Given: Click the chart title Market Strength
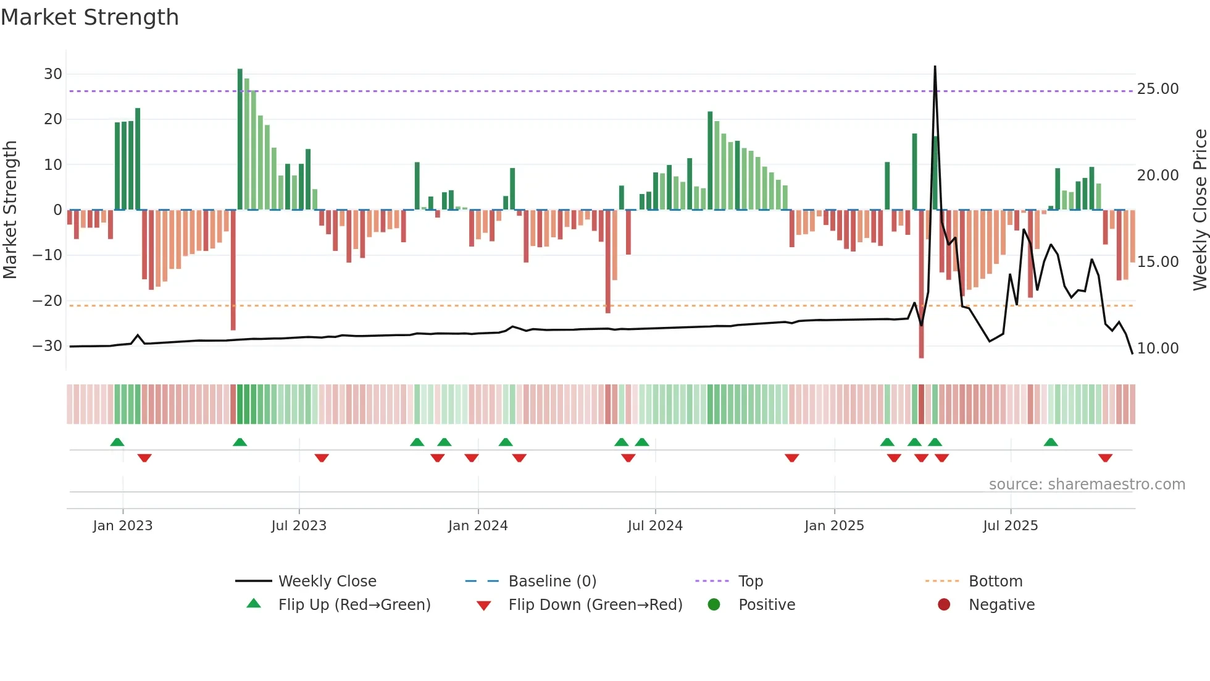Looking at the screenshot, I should pos(90,17).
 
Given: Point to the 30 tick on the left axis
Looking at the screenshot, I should pos(53,74).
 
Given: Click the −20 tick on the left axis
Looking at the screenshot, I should pos(48,301).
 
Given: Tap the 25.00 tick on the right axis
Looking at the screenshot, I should pos(1158,89).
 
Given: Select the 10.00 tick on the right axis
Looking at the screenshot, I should pos(1158,349).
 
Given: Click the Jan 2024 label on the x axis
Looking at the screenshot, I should pos(478,526).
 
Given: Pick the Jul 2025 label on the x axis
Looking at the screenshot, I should pos(1010,526).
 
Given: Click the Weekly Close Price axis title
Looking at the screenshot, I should pos(1200,210).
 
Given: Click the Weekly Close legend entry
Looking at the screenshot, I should pos(327,582).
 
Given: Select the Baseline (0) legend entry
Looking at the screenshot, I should pos(552,582).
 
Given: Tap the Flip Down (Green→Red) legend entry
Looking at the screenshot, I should pos(595,605).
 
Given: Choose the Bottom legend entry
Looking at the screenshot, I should pos(995,582).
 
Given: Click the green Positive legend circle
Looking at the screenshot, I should pos(714,605).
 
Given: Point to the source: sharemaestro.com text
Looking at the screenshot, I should pos(1087,484).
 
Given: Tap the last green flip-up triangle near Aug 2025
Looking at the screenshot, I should pos(1051,442).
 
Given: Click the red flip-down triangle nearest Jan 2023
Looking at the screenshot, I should pos(144,458).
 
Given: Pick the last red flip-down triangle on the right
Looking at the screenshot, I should pos(1105,458).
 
